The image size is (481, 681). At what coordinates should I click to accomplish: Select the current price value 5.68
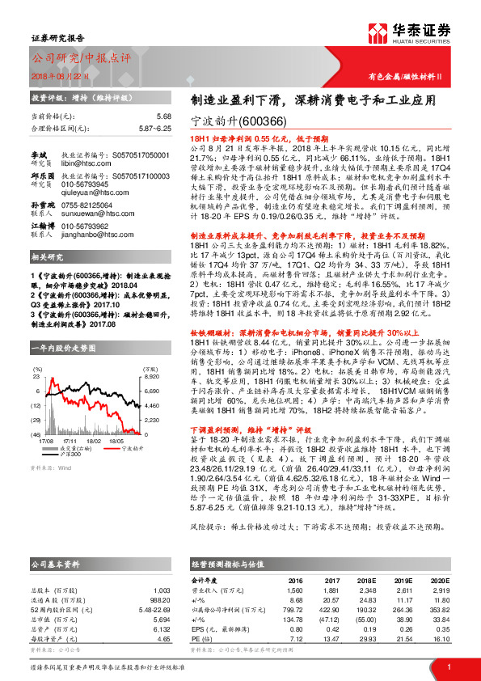[x=163, y=116]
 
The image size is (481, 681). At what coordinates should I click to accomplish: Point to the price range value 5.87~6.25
[x=154, y=128]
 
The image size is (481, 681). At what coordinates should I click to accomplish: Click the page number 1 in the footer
[x=448, y=667]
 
